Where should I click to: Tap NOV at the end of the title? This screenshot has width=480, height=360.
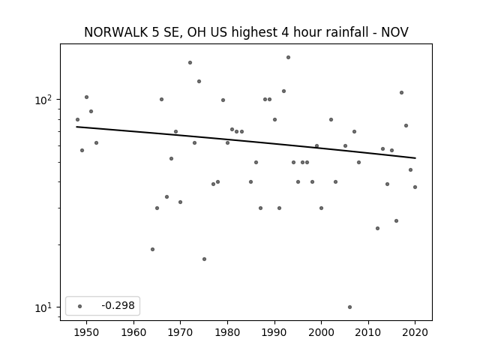[394, 32]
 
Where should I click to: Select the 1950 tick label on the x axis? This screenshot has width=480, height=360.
[87, 332]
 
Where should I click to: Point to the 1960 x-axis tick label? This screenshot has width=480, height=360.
[133, 332]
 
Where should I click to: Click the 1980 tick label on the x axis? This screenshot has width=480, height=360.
[227, 332]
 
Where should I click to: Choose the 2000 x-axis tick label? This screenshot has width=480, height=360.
[321, 332]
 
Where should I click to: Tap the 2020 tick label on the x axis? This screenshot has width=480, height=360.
[415, 332]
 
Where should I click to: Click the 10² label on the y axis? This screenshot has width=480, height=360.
[43, 100]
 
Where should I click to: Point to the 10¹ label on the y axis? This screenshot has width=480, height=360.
[43, 307]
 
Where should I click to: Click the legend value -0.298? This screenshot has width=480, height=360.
[118, 305]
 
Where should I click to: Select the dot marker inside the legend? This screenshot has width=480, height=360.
[80, 306]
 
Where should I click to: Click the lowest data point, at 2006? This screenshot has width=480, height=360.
[350, 307]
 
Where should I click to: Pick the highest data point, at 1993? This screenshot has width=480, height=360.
[288, 57]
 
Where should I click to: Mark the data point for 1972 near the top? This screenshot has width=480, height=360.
[190, 62]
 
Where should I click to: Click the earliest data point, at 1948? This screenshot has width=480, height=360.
[77, 120]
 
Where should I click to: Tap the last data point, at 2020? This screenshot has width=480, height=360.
[415, 187]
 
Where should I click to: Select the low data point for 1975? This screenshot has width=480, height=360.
[204, 259]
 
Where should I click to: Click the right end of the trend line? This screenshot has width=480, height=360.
[415, 158]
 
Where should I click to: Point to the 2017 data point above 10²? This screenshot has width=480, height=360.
[402, 92]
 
